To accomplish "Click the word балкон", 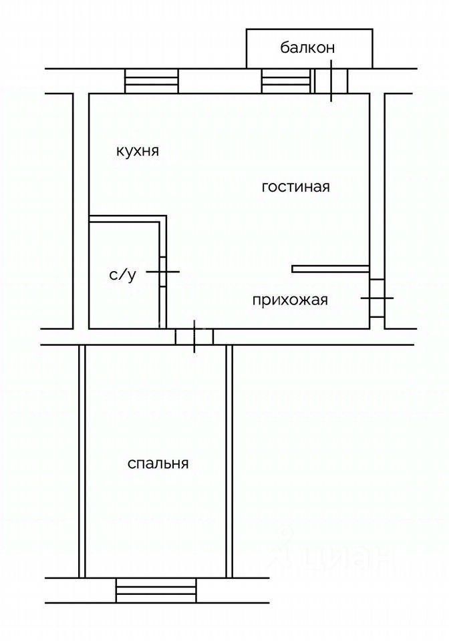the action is click(x=307, y=47).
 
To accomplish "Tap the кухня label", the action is click(x=137, y=151).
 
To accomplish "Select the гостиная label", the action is click(x=295, y=187).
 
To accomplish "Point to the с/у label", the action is click(x=122, y=274).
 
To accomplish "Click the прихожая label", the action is click(x=290, y=300).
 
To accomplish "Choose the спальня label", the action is click(x=158, y=463).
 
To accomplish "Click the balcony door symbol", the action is click(x=331, y=82).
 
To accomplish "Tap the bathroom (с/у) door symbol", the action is click(x=162, y=271).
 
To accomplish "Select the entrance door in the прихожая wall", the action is click(x=377, y=298).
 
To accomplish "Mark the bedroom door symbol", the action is click(x=194, y=337).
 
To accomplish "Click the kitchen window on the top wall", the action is click(x=152, y=82).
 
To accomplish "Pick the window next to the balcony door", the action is click(x=287, y=82).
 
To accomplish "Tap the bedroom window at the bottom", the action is click(x=156, y=590).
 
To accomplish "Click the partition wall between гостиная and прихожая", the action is click(x=330, y=269).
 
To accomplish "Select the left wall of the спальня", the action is click(x=82, y=461).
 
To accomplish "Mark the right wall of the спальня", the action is click(x=229, y=461).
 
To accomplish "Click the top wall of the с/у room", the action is click(x=127, y=219).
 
